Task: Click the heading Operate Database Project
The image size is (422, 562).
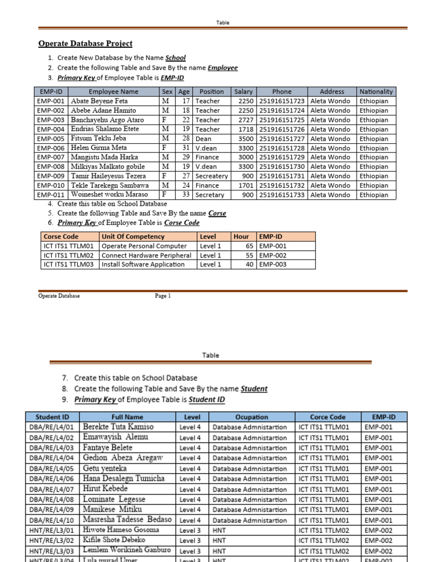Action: [85, 43]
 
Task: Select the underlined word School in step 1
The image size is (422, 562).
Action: [175, 58]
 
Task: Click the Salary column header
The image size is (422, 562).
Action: [243, 92]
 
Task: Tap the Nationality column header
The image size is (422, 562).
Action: [376, 92]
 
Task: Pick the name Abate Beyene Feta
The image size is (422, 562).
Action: [99, 101]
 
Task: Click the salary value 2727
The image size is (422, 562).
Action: [246, 120]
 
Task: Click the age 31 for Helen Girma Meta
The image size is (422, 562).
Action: [186, 148]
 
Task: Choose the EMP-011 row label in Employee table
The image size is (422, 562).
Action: [51, 195]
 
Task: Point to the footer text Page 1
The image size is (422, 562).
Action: [163, 296]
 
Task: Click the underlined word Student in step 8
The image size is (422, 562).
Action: [254, 389]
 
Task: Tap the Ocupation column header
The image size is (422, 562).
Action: [252, 417]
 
